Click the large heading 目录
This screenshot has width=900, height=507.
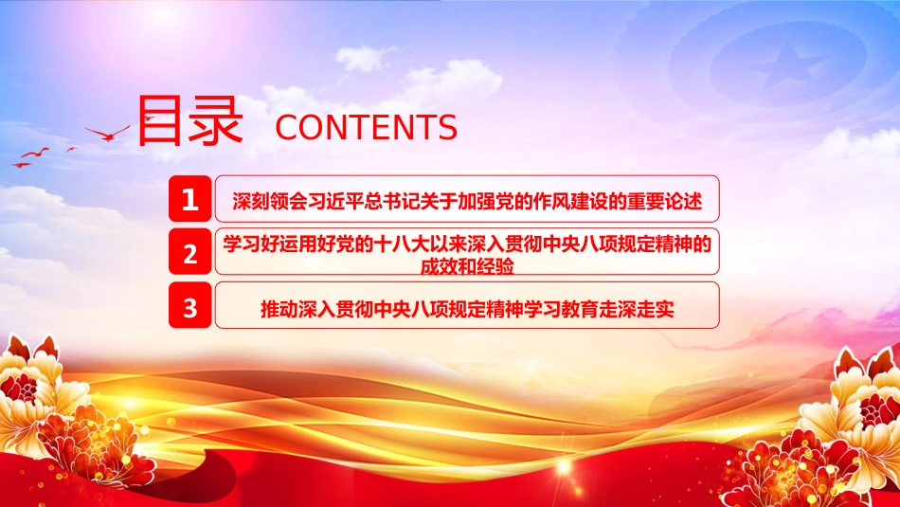click(x=190, y=120)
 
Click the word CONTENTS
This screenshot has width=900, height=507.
click(x=367, y=128)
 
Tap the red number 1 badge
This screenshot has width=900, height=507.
click(x=190, y=199)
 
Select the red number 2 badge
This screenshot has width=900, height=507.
click(x=190, y=251)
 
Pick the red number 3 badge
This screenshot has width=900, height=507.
click(x=190, y=305)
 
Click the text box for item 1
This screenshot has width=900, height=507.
click(x=467, y=199)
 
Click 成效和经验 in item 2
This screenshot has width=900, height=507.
click(x=467, y=267)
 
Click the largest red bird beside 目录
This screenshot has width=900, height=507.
click(x=108, y=134)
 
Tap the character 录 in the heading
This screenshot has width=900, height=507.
click(x=216, y=120)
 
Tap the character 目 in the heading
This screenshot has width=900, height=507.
click(x=159, y=120)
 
